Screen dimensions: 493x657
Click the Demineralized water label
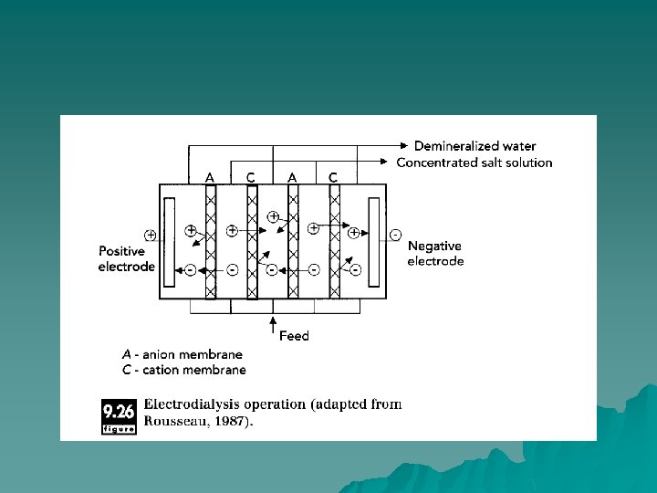[474, 146]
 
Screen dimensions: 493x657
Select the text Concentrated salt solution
[474, 163]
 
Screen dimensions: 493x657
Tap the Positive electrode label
[127, 258]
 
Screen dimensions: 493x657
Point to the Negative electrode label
[435, 253]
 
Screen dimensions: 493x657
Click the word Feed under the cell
[294, 336]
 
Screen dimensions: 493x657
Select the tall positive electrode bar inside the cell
[169, 242]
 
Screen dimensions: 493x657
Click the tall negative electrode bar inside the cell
[374, 242]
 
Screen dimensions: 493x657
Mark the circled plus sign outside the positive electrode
[150, 235]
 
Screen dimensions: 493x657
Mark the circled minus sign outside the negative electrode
[395, 235]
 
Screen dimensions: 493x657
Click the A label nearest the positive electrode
[210, 176]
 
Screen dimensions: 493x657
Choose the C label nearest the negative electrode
[333, 176]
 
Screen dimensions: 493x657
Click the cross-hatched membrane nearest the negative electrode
[334, 242]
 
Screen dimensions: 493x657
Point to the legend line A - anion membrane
[182, 354]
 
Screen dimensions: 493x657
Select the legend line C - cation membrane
[183, 370]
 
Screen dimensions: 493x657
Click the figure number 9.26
[120, 410]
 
